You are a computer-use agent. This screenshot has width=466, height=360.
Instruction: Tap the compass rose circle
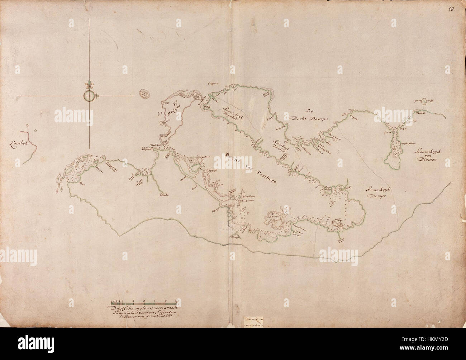[x=89, y=96]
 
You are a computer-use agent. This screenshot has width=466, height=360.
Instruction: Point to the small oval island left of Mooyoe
[x=144, y=93]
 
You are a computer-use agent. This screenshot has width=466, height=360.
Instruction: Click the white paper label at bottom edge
[x=253, y=320]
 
